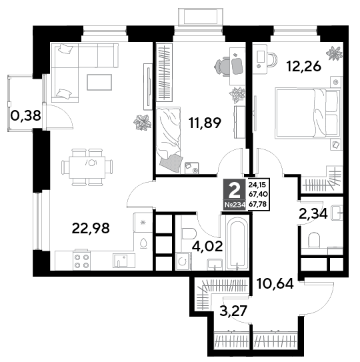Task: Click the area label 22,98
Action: (91, 228)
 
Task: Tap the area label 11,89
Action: (205, 123)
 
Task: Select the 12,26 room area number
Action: (303, 67)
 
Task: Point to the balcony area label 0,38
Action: (26, 115)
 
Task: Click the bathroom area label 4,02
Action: (207, 246)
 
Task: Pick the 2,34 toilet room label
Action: (313, 213)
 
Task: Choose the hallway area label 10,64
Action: (275, 284)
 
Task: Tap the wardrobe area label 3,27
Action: (233, 311)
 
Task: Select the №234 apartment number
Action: (235, 205)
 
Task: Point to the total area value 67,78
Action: (258, 204)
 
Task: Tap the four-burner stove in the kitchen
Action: (82, 261)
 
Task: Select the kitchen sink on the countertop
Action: (121, 261)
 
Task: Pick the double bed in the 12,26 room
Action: (308, 113)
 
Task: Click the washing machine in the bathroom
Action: (183, 261)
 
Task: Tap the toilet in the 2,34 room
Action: (314, 240)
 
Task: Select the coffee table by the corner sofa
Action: (99, 82)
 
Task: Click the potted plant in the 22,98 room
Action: (142, 123)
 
